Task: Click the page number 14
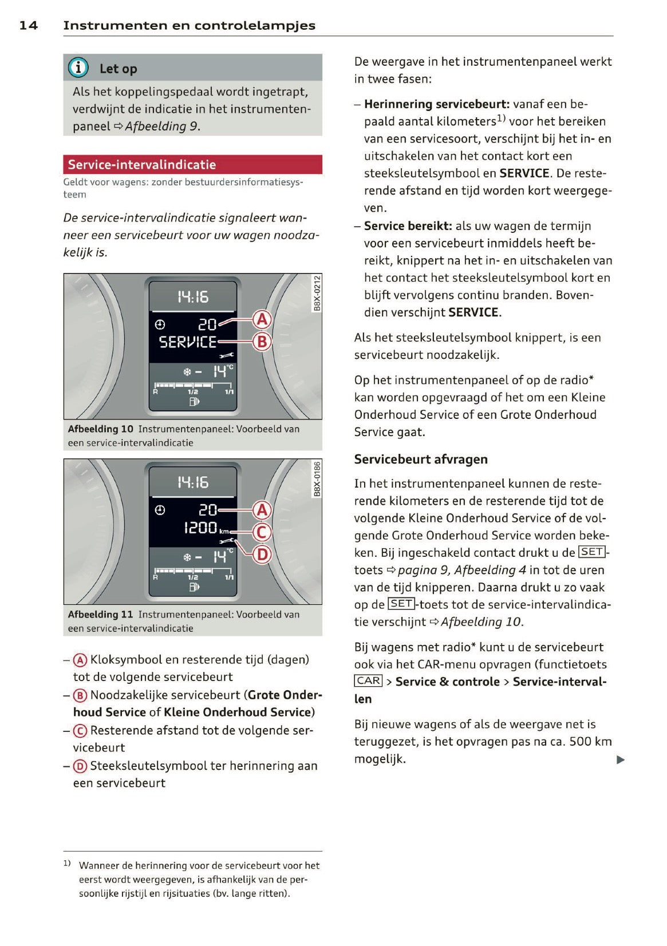(x=29, y=25)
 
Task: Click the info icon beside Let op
(x=78, y=68)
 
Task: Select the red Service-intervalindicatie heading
(x=141, y=165)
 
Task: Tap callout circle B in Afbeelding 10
(x=262, y=342)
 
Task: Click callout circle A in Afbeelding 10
(x=262, y=319)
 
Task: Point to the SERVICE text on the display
(x=188, y=342)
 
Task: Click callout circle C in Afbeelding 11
(x=262, y=532)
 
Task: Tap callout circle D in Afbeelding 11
(x=262, y=554)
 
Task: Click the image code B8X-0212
(x=317, y=293)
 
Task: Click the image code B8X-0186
(x=317, y=478)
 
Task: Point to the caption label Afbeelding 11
(x=100, y=614)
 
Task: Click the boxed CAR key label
(x=368, y=680)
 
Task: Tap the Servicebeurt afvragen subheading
(x=421, y=459)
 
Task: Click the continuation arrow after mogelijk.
(x=620, y=760)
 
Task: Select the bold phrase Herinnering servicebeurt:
(x=436, y=104)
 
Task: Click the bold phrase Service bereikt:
(x=408, y=226)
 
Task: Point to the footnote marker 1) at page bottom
(x=67, y=863)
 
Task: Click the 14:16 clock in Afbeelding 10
(x=193, y=296)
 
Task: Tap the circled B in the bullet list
(x=80, y=695)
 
